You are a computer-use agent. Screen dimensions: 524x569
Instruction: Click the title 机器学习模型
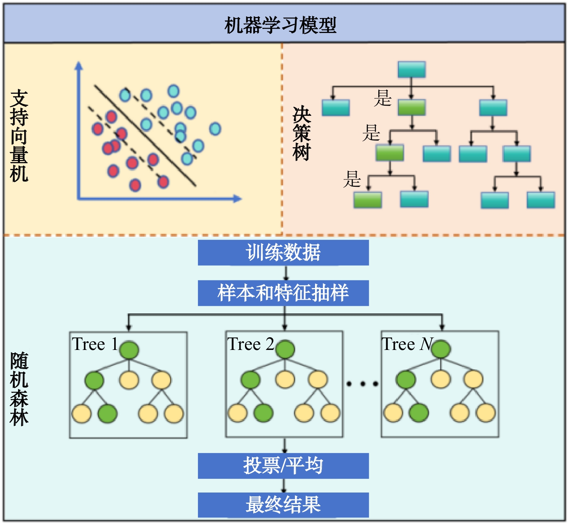click(280, 25)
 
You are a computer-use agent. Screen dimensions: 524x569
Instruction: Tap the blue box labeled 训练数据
click(283, 253)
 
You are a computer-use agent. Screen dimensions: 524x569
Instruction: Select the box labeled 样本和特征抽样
click(283, 293)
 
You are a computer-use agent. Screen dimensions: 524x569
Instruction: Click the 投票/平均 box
click(283, 466)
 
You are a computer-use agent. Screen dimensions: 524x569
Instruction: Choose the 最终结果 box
click(283, 505)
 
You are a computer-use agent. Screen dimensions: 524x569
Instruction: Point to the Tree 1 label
click(95, 344)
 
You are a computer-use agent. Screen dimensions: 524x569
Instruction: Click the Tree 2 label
click(251, 344)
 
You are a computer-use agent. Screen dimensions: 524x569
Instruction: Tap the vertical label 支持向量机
click(19, 136)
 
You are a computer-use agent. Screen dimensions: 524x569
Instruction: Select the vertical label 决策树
click(302, 134)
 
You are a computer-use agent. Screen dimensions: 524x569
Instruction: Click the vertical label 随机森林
click(19, 389)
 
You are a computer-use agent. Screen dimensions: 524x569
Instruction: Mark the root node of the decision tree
click(411, 69)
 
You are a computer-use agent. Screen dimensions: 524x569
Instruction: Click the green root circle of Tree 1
click(129, 350)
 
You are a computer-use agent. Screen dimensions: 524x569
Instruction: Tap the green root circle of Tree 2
click(285, 349)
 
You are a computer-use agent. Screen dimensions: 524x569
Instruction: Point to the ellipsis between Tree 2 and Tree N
click(362, 384)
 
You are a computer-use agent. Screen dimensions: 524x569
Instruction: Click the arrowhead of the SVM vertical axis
click(79, 65)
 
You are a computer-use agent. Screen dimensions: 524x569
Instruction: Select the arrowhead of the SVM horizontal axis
click(237, 198)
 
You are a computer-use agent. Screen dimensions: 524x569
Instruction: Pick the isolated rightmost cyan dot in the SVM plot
click(215, 129)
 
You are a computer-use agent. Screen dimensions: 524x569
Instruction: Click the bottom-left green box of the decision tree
click(367, 200)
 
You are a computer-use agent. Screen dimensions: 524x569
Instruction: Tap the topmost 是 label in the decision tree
click(383, 98)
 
